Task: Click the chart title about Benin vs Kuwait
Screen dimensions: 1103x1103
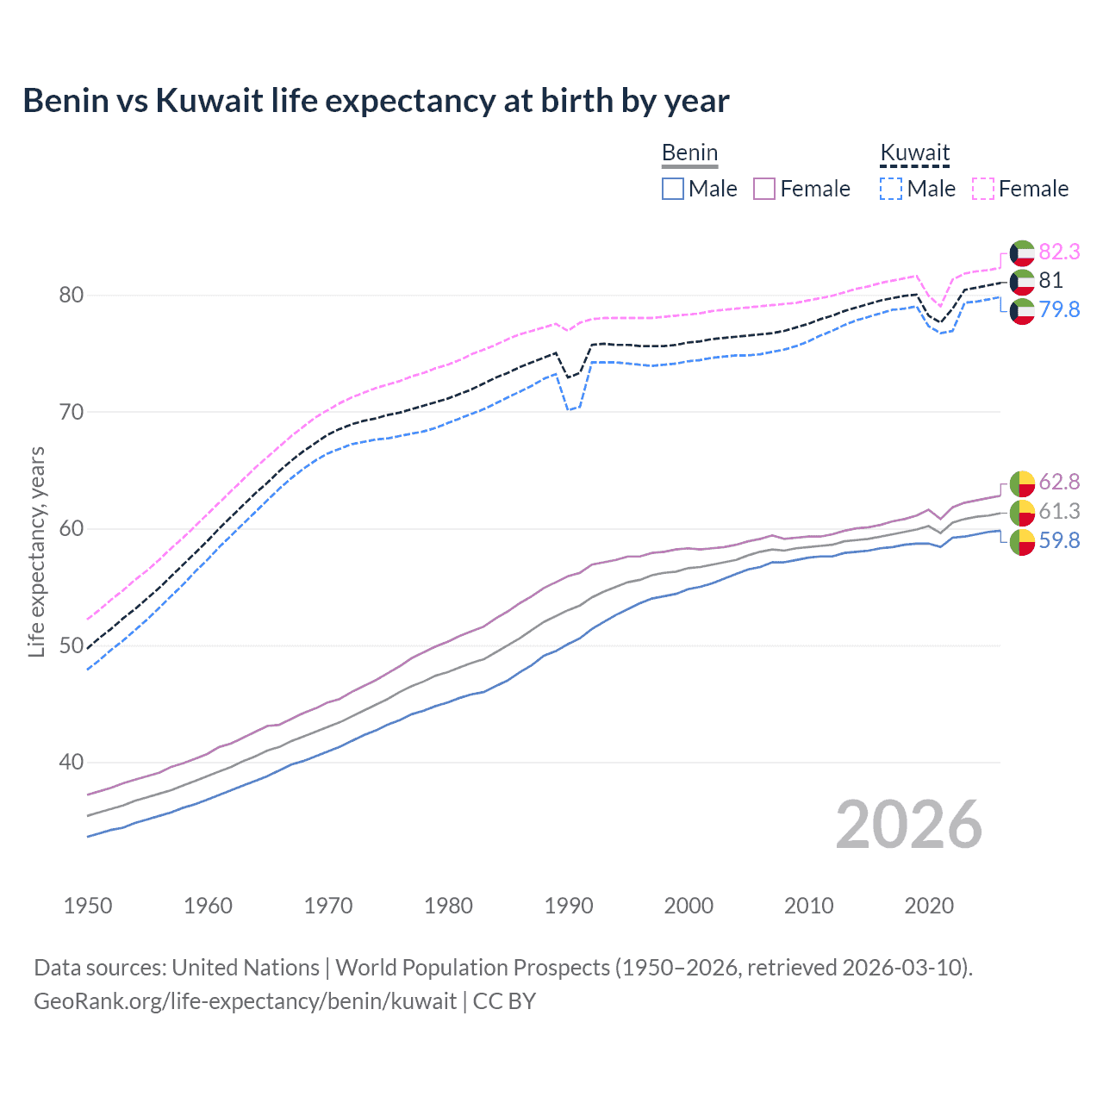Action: point(376,101)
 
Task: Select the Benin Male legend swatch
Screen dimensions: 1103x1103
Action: point(673,189)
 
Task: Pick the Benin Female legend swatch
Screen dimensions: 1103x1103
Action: point(764,189)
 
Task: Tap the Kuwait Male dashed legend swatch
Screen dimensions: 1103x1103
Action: point(891,189)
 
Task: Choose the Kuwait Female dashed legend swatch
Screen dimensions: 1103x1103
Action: point(983,189)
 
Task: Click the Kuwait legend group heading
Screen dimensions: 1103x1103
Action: point(914,153)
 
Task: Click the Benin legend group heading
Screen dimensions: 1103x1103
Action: point(689,153)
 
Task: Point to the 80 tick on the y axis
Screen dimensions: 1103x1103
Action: point(72,295)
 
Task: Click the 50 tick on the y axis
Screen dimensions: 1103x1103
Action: point(72,645)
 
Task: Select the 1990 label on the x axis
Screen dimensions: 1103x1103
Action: point(569,906)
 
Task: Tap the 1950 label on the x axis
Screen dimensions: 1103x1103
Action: point(88,906)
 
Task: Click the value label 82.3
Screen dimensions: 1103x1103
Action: point(1059,252)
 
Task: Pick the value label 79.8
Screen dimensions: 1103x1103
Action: point(1059,309)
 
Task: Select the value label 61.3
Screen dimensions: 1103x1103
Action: point(1059,511)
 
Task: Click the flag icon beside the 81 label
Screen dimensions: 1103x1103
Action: point(1022,281)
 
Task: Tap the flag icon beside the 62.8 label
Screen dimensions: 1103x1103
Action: point(1022,483)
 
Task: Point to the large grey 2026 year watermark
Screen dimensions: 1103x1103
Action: point(909,825)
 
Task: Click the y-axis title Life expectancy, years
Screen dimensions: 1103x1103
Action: point(36,551)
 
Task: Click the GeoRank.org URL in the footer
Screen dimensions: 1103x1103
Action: point(246,1001)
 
